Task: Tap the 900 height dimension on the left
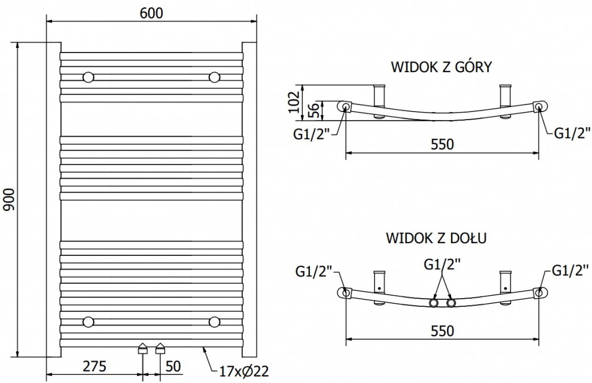point(10,199)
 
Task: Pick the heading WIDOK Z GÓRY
point(441,67)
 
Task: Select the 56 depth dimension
point(312,109)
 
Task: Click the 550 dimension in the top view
point(442,144)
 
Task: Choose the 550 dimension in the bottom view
point(442,330)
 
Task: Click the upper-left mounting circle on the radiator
point(88,77)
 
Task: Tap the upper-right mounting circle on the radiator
point(214,77)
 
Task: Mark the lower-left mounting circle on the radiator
point(88,321)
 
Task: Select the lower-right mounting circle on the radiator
point(214,321)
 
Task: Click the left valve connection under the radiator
point(142,348)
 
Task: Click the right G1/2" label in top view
point(571,134)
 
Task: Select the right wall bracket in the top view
point(506,95)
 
